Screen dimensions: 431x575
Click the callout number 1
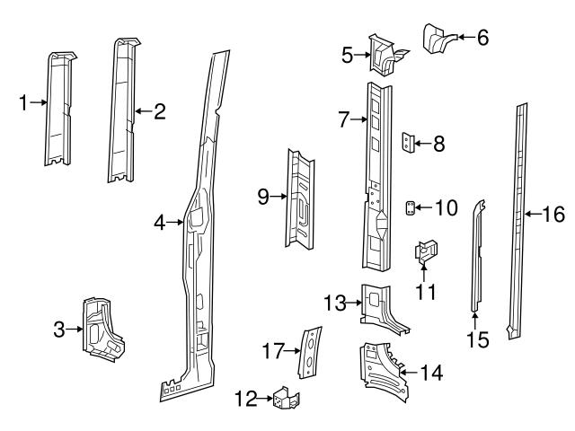pyautogui.click(x=23, y=103)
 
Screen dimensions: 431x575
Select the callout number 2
pyautogui.click(x=159, y=111)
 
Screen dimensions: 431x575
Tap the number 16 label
pyautogui.click(x=554, y=214)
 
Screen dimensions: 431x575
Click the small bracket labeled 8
pyautogui.click(x=409, y=143)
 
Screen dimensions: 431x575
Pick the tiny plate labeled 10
pyautogui.click(x=410, y=208)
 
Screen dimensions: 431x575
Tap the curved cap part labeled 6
pyautogui.click(x=438, y=40)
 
